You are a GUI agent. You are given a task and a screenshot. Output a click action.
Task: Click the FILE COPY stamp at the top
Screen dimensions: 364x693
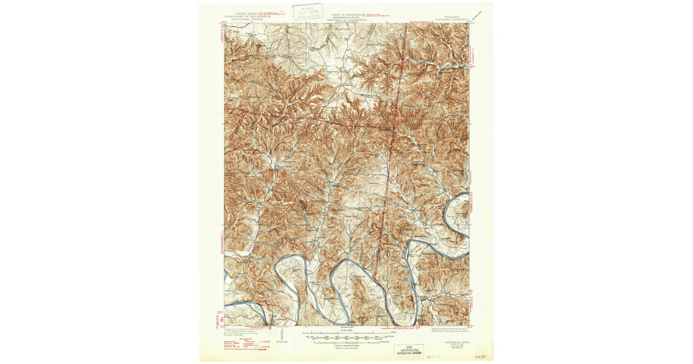[308, 12]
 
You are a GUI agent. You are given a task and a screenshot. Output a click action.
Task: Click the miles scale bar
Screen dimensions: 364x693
[346, 334]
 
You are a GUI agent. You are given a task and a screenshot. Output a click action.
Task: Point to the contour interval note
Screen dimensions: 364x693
[346, 347]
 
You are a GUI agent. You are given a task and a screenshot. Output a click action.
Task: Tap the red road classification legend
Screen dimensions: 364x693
[245, 346]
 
